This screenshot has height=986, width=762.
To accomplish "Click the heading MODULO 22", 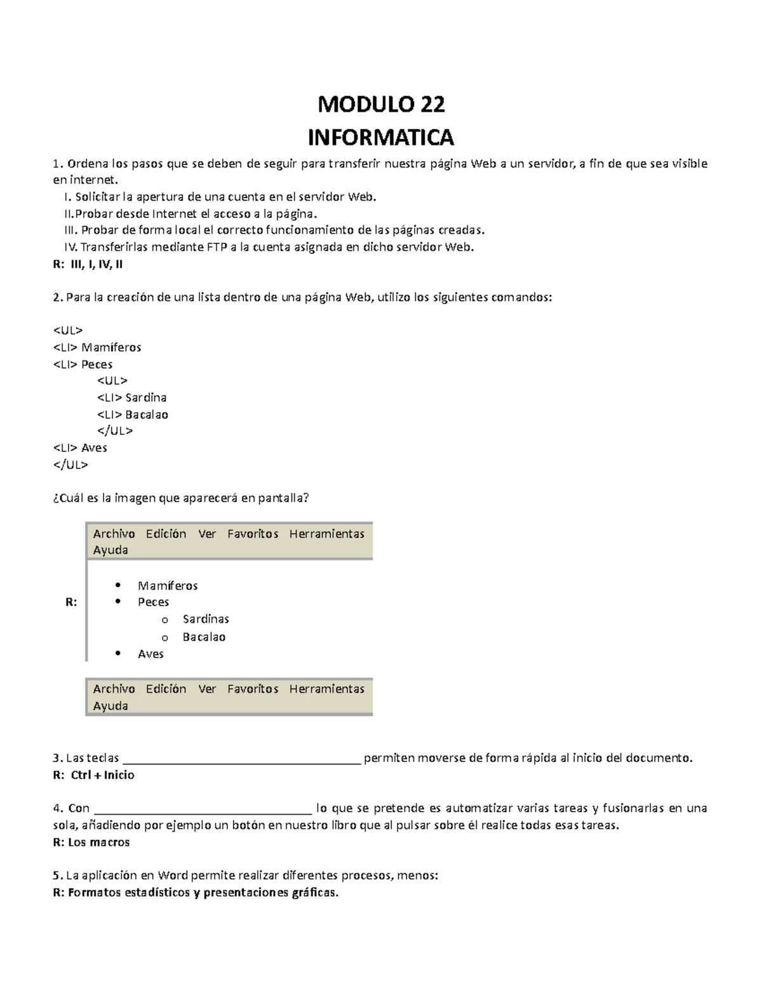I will coord(381,104).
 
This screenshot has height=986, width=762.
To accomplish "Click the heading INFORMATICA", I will coord(381,137).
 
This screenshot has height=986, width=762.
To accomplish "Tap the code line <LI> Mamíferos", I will coord(97,347).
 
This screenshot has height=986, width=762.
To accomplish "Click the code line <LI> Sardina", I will coord(131,397).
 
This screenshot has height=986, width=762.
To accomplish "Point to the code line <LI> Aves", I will coord(80,448).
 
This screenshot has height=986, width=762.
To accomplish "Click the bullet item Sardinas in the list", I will coord(206,619).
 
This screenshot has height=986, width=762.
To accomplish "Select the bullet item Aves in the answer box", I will coord(150,654).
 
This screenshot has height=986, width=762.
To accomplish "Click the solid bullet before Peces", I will coord(117,602).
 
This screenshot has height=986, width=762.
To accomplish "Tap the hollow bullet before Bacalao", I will coord(165,637).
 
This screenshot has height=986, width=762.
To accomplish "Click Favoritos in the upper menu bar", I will coord(253,534).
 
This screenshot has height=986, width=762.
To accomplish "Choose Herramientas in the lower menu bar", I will coord(326,689).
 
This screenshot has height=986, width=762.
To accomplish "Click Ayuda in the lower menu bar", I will coord(110,706).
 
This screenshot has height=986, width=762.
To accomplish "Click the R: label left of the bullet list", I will coord(71,602).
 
